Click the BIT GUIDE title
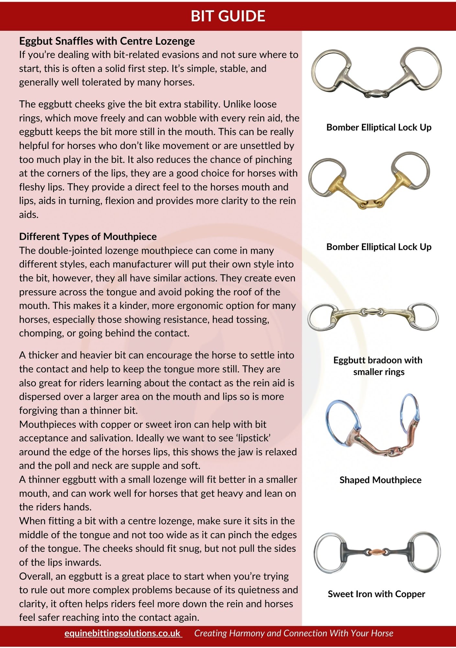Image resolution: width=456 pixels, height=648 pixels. tap(228, 16)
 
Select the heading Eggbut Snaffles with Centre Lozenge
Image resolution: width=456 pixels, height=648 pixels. tap(107, 41)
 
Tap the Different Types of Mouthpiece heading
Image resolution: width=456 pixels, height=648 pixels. tap(88, 237)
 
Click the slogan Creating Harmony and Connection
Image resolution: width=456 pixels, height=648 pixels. tap(294, 633)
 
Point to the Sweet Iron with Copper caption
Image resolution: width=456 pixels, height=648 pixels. tap(376, 594)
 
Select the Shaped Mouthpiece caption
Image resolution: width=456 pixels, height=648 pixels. tap(380, 480)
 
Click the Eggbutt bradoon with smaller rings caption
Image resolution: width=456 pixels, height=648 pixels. tap(378, 366)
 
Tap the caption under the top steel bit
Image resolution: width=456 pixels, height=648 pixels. tap(379, 127)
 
